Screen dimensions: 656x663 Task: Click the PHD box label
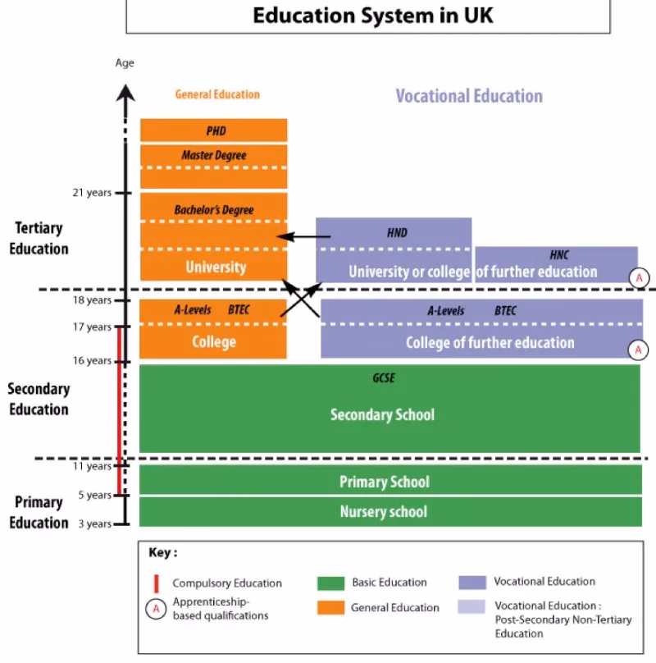point(216,131)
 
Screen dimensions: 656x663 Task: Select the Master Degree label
point(214,156)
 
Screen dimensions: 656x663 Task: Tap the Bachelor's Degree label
point(214,210)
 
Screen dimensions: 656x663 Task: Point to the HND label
point(397,233)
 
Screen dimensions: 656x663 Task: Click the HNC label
point(558,255)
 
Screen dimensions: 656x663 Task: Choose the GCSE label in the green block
point(384,377)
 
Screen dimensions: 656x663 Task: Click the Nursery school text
point(384,512)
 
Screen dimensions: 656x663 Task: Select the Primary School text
point(385,482)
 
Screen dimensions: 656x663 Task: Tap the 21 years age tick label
point(92,193)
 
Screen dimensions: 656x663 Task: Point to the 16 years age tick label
point(92,361)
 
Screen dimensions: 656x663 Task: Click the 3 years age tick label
point(94,524)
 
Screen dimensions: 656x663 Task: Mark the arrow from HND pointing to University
point(303,237)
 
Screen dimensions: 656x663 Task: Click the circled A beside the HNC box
point(639,278)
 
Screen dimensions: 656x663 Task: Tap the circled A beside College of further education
point(638,350)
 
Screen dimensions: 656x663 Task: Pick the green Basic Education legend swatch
point(331,583)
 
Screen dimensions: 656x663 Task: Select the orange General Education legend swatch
point(331,607)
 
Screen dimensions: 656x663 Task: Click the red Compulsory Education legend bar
point(157,583)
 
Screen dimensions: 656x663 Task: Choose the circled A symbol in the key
point(156,610)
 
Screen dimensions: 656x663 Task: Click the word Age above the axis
point(125,63)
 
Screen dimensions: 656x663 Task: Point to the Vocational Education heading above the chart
point(469,96)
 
